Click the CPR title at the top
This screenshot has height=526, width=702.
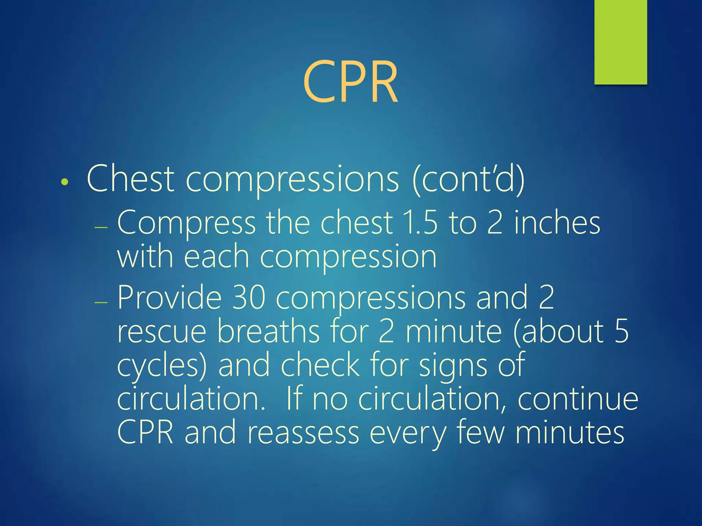350,82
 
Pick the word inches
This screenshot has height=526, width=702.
557,223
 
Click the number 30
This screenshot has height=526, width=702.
249,297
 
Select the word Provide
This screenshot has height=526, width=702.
170,297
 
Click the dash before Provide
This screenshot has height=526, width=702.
101,302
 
